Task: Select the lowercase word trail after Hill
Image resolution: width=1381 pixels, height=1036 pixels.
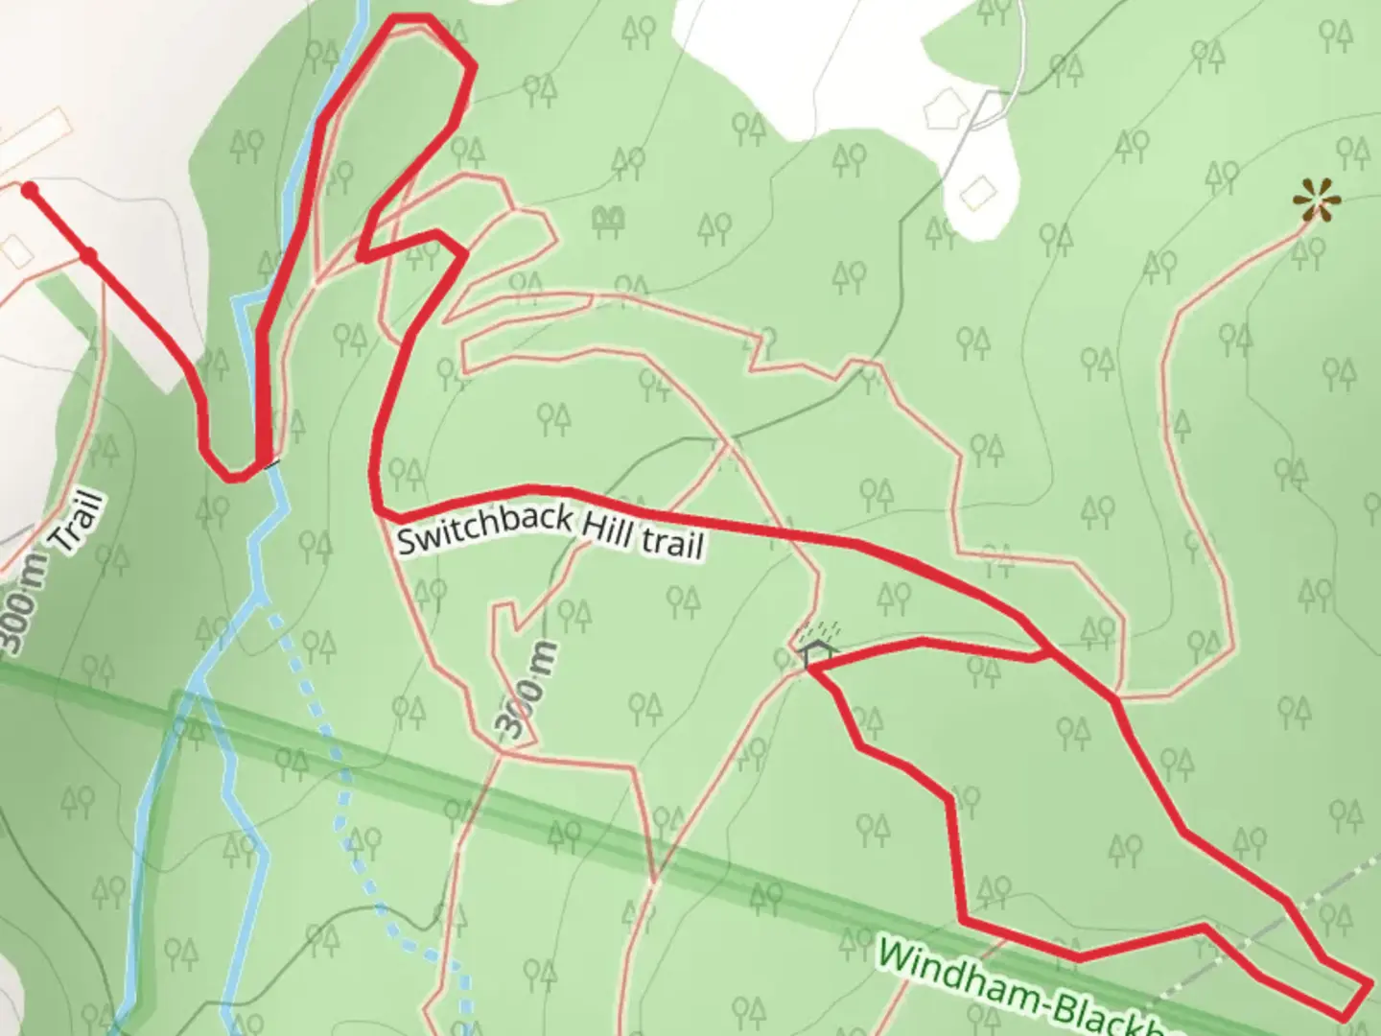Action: tap(672, 544)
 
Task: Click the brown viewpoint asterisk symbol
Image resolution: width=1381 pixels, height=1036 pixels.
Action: tap(1316, 202)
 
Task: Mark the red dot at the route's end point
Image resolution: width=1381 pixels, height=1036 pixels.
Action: tap(30, 189)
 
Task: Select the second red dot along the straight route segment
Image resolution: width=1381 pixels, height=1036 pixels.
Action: tap(88, 255)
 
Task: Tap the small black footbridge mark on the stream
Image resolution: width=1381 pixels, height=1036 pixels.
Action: tap(273, 463)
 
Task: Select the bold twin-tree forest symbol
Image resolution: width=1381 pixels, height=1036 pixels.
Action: tap(606, 222)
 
